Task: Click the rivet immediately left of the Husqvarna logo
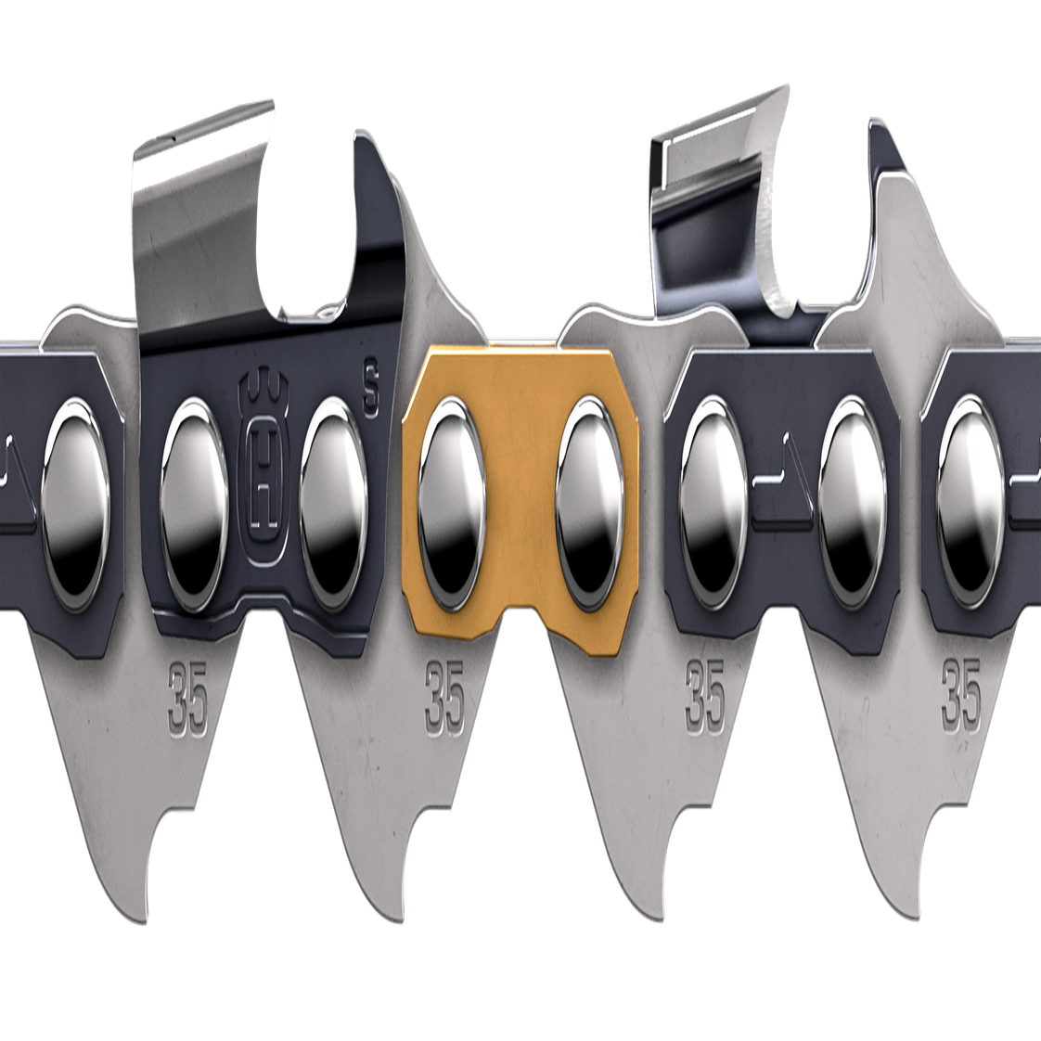click(x=195, y=505)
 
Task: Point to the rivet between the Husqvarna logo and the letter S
click(x=333, y=505)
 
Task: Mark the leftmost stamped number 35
click(x=188, y=706)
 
